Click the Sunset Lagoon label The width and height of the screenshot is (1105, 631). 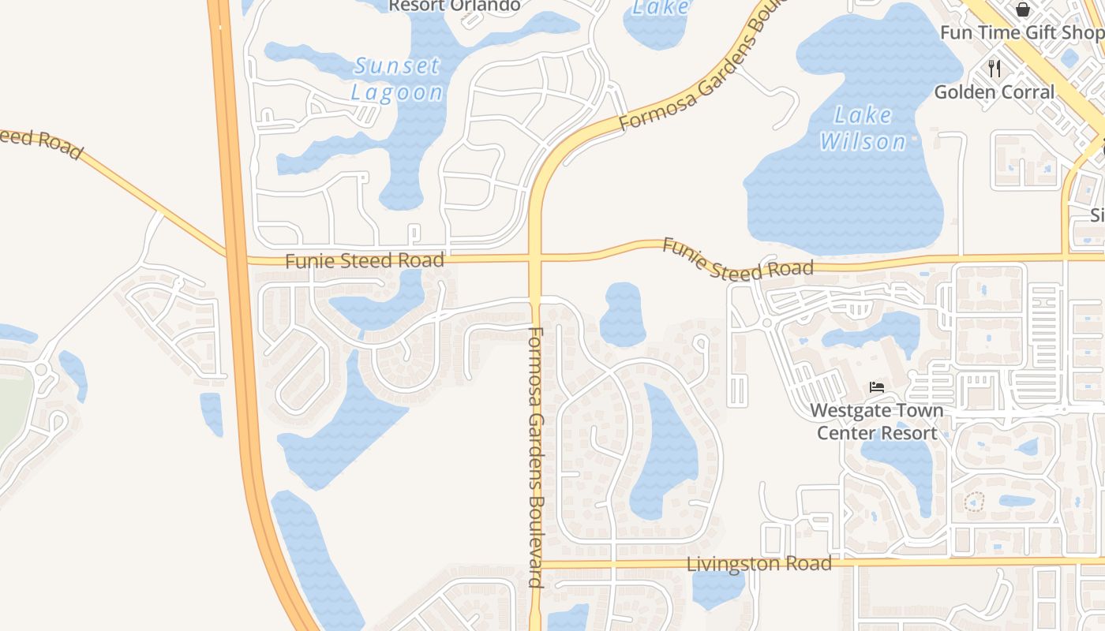tap(397, 79)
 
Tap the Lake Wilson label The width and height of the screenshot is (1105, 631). tap(863, 129)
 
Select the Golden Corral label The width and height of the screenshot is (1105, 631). tap(994, 92)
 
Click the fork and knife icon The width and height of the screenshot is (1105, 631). tap(994, 69)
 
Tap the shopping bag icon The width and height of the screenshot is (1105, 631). tap(1023, 9)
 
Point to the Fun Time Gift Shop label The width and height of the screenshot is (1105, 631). tap(1021, 32)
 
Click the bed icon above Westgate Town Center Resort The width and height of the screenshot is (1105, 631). tap(876, 387)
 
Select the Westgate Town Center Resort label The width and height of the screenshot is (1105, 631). tap(876, 421)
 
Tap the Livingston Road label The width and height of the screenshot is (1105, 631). tap(759, 564)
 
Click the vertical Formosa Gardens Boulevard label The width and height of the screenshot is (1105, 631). tap(536, 457)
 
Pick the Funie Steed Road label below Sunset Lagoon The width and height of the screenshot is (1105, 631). tap(365, 260)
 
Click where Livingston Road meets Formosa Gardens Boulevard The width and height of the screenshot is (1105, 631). tap(536, 564)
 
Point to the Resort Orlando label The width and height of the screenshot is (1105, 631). tap(454, 6)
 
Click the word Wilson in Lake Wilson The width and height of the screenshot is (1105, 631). tap(863, 142)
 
